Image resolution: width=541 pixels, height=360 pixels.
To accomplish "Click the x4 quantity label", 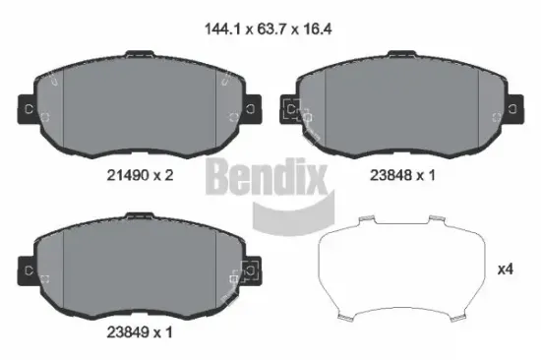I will click(x=506, y=269).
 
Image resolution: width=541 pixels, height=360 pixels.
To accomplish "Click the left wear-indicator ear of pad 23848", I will click(x=291, y=110).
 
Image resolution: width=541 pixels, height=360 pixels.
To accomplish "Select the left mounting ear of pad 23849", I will click(x=29, y=269).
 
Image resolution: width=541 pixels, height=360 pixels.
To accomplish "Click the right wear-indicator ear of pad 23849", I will click(x=251, y=269).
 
